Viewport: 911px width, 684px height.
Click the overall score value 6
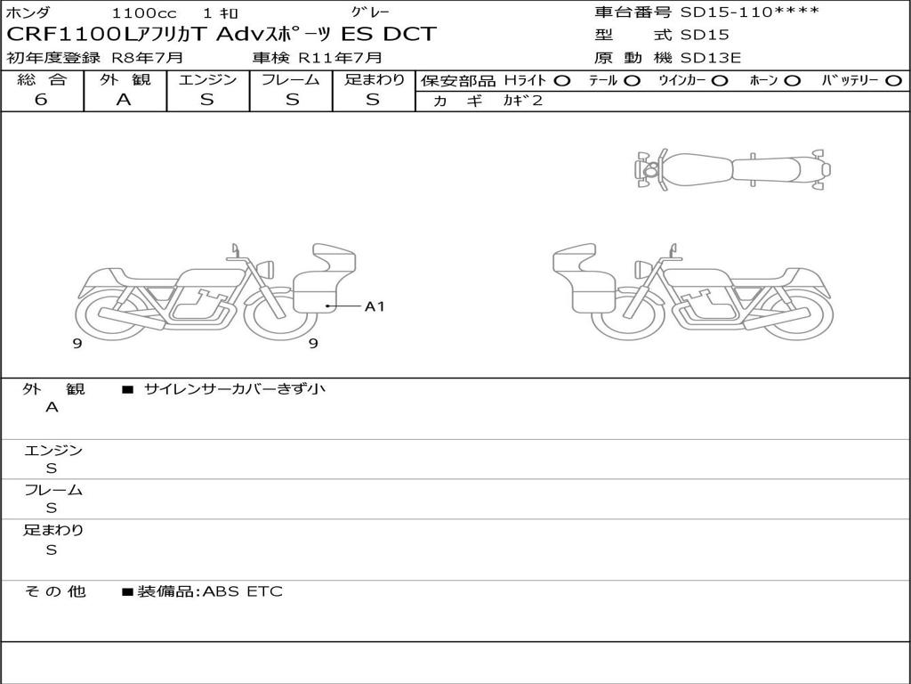(x=41, y=100)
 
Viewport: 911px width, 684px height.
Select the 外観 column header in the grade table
(x=125, y=79)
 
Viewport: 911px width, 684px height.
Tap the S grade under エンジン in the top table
(x=207, y=100)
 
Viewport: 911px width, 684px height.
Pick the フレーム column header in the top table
(x=291, y=79)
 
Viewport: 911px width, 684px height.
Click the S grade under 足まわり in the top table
(x=373, y=100)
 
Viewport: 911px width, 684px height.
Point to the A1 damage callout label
(x=375, y=306)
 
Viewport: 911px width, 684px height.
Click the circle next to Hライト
(x=562, y=81)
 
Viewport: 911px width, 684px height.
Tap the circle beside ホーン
(x=793, y=81)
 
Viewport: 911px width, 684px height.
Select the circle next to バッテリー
(x=894, y=81)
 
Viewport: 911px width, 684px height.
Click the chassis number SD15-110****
(x=749, y=12)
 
